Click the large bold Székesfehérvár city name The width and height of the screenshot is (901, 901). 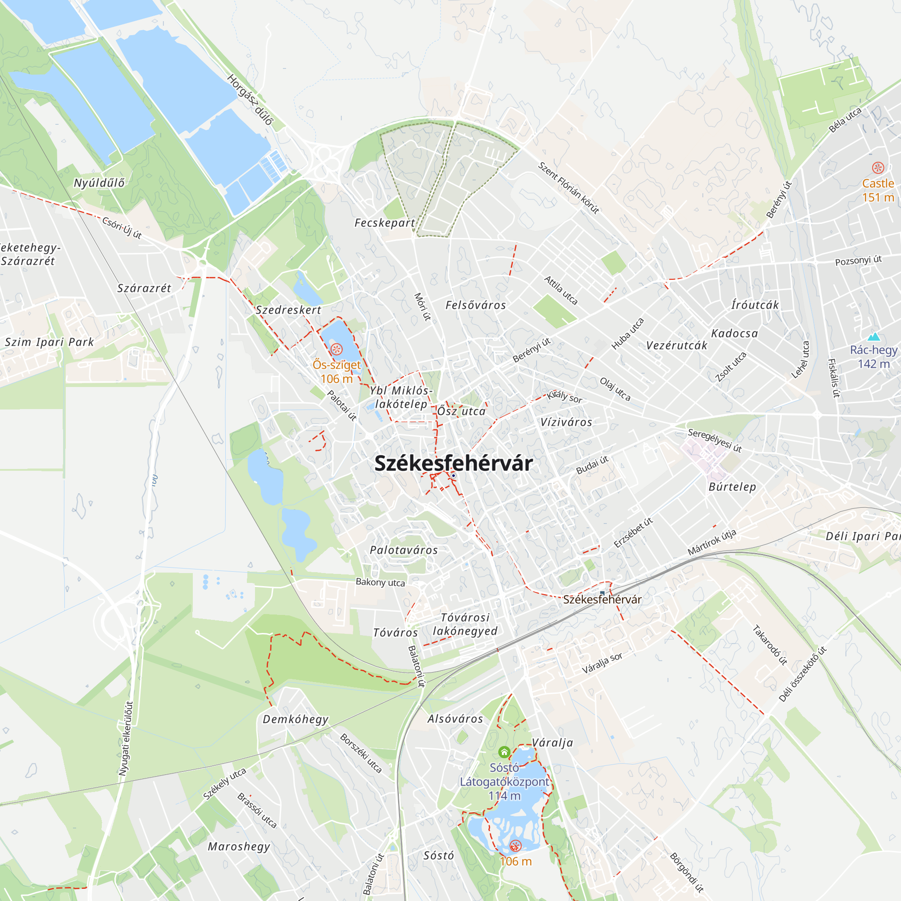point(453,463)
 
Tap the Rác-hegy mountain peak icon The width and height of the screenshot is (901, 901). point(873,337)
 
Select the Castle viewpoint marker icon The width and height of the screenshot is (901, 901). point(878,168)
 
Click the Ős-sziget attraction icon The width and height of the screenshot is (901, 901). point(336,349)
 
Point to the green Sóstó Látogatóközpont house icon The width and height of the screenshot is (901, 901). point(504,752)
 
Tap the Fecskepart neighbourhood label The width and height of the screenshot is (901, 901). point(385,223)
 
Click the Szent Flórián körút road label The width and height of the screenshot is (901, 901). point(569,187)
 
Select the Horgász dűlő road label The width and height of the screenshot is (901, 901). point(250,99)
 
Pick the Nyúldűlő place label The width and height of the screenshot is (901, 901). point(99,183)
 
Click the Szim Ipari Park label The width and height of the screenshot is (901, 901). point(49,342)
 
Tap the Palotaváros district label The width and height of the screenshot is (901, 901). point(404,551)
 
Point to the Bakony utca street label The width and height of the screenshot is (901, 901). point(380,582)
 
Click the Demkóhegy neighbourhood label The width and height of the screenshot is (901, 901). point(296,719)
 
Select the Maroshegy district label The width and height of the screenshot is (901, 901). point(239,846)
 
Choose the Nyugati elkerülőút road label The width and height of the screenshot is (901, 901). point(125,739)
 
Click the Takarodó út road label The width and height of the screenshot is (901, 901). point(770,645)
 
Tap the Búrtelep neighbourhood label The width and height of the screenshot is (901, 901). point(732,487)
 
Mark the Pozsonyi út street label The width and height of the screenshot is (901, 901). point(858,260)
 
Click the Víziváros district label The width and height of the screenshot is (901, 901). point(566,422)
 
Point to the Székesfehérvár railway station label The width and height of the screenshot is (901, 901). point(602,599)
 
